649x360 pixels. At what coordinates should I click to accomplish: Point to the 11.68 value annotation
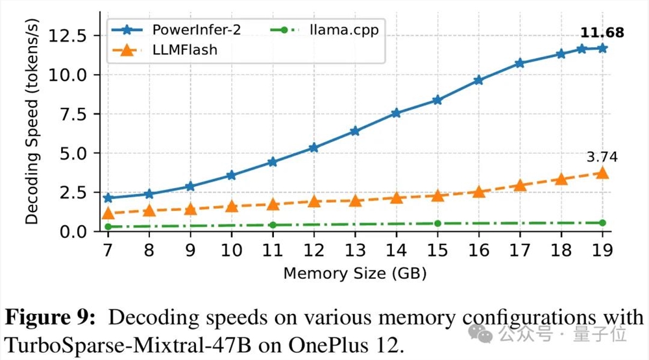[601, 32]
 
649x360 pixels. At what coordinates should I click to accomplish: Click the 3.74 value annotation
[601, 157]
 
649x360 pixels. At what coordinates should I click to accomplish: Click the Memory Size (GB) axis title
[355, 272]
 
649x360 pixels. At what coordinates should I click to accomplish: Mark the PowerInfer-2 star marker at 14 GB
[397, 113]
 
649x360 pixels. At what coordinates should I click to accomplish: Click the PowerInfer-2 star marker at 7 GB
[108, 198]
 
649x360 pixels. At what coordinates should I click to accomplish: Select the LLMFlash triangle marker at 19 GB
[602, 173]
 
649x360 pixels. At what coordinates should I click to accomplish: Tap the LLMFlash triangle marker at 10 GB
[232, 206]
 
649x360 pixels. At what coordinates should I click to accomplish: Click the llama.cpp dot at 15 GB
[437, 224]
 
